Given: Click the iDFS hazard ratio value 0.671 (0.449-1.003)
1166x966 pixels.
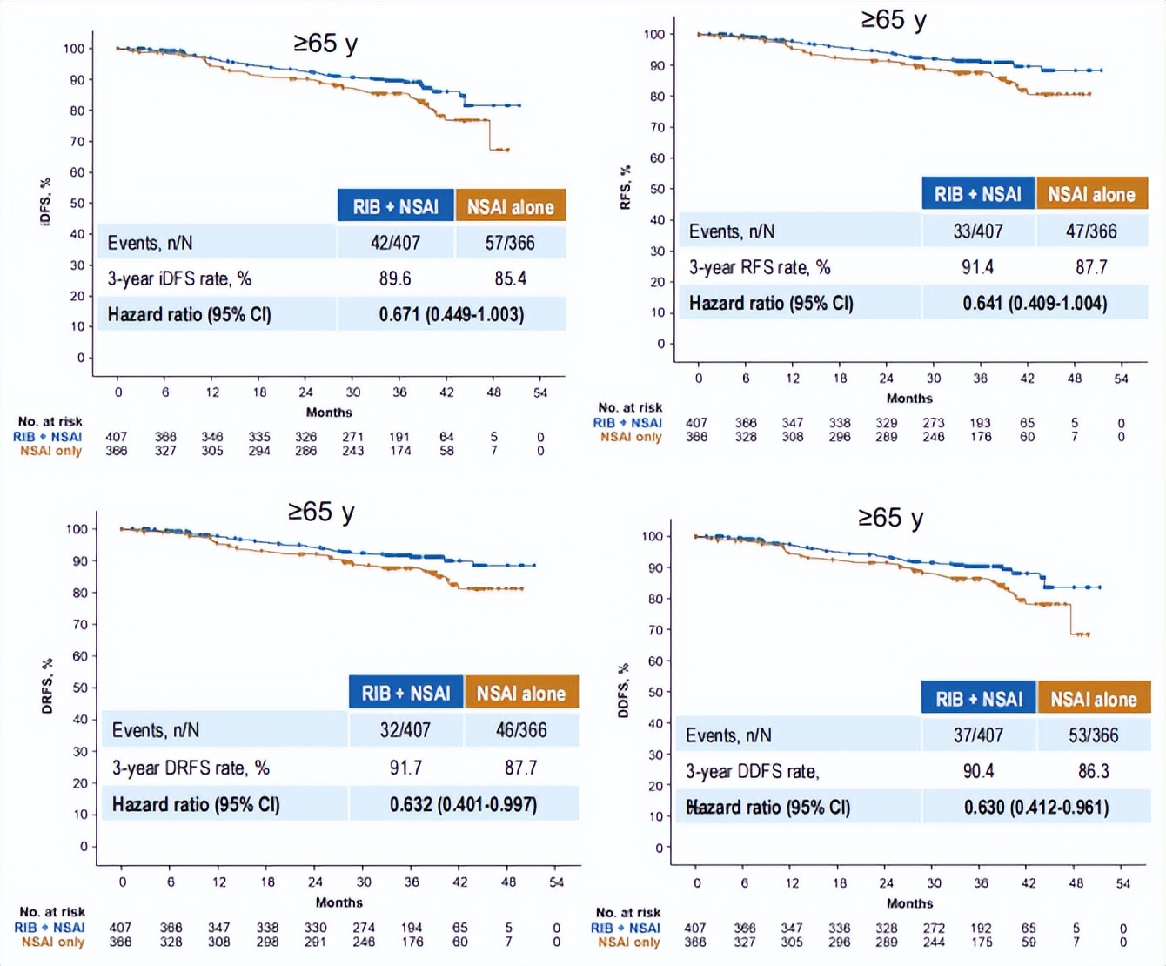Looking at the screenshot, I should [x=452, y=314].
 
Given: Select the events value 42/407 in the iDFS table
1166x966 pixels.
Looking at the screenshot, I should [x=395, y=243].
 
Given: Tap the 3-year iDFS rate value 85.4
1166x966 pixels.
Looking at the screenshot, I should [x=510, y=278].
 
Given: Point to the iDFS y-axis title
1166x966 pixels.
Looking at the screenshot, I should [x=45, y=202].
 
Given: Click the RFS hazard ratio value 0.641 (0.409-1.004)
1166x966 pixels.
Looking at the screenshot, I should [x=1035, y=303].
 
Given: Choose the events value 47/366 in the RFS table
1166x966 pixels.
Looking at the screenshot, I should [x=1091, y=231].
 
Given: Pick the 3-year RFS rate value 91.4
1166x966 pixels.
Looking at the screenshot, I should [x=977, y=267].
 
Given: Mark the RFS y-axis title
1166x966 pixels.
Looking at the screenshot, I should [x=625, y=188].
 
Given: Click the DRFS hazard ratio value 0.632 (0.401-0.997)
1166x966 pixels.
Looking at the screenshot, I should [x=463, y=804].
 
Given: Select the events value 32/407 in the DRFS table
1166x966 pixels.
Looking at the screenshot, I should [x=405, y=730].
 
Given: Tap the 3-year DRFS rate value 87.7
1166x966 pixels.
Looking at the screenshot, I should [x=520, y=768].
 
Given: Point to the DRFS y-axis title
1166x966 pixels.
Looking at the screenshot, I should [x=47, y=686].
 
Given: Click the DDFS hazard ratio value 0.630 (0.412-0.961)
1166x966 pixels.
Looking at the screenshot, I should [x=1036, y=808].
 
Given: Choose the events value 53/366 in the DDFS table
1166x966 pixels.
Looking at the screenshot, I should [x=1094, y=735].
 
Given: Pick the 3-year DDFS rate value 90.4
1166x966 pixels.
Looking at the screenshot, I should [x=978, y=771].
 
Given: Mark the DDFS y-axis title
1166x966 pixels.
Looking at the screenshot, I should [x=623, y=691].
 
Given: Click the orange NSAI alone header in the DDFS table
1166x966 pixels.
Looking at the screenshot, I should [x=1094, y=699].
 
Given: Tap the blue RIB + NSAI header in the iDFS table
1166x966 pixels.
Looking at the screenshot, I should [x=396, y=206].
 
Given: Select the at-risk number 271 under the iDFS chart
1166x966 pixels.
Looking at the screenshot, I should [x=353, y=437].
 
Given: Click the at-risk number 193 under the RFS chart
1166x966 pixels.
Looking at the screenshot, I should [x=981, y=423].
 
